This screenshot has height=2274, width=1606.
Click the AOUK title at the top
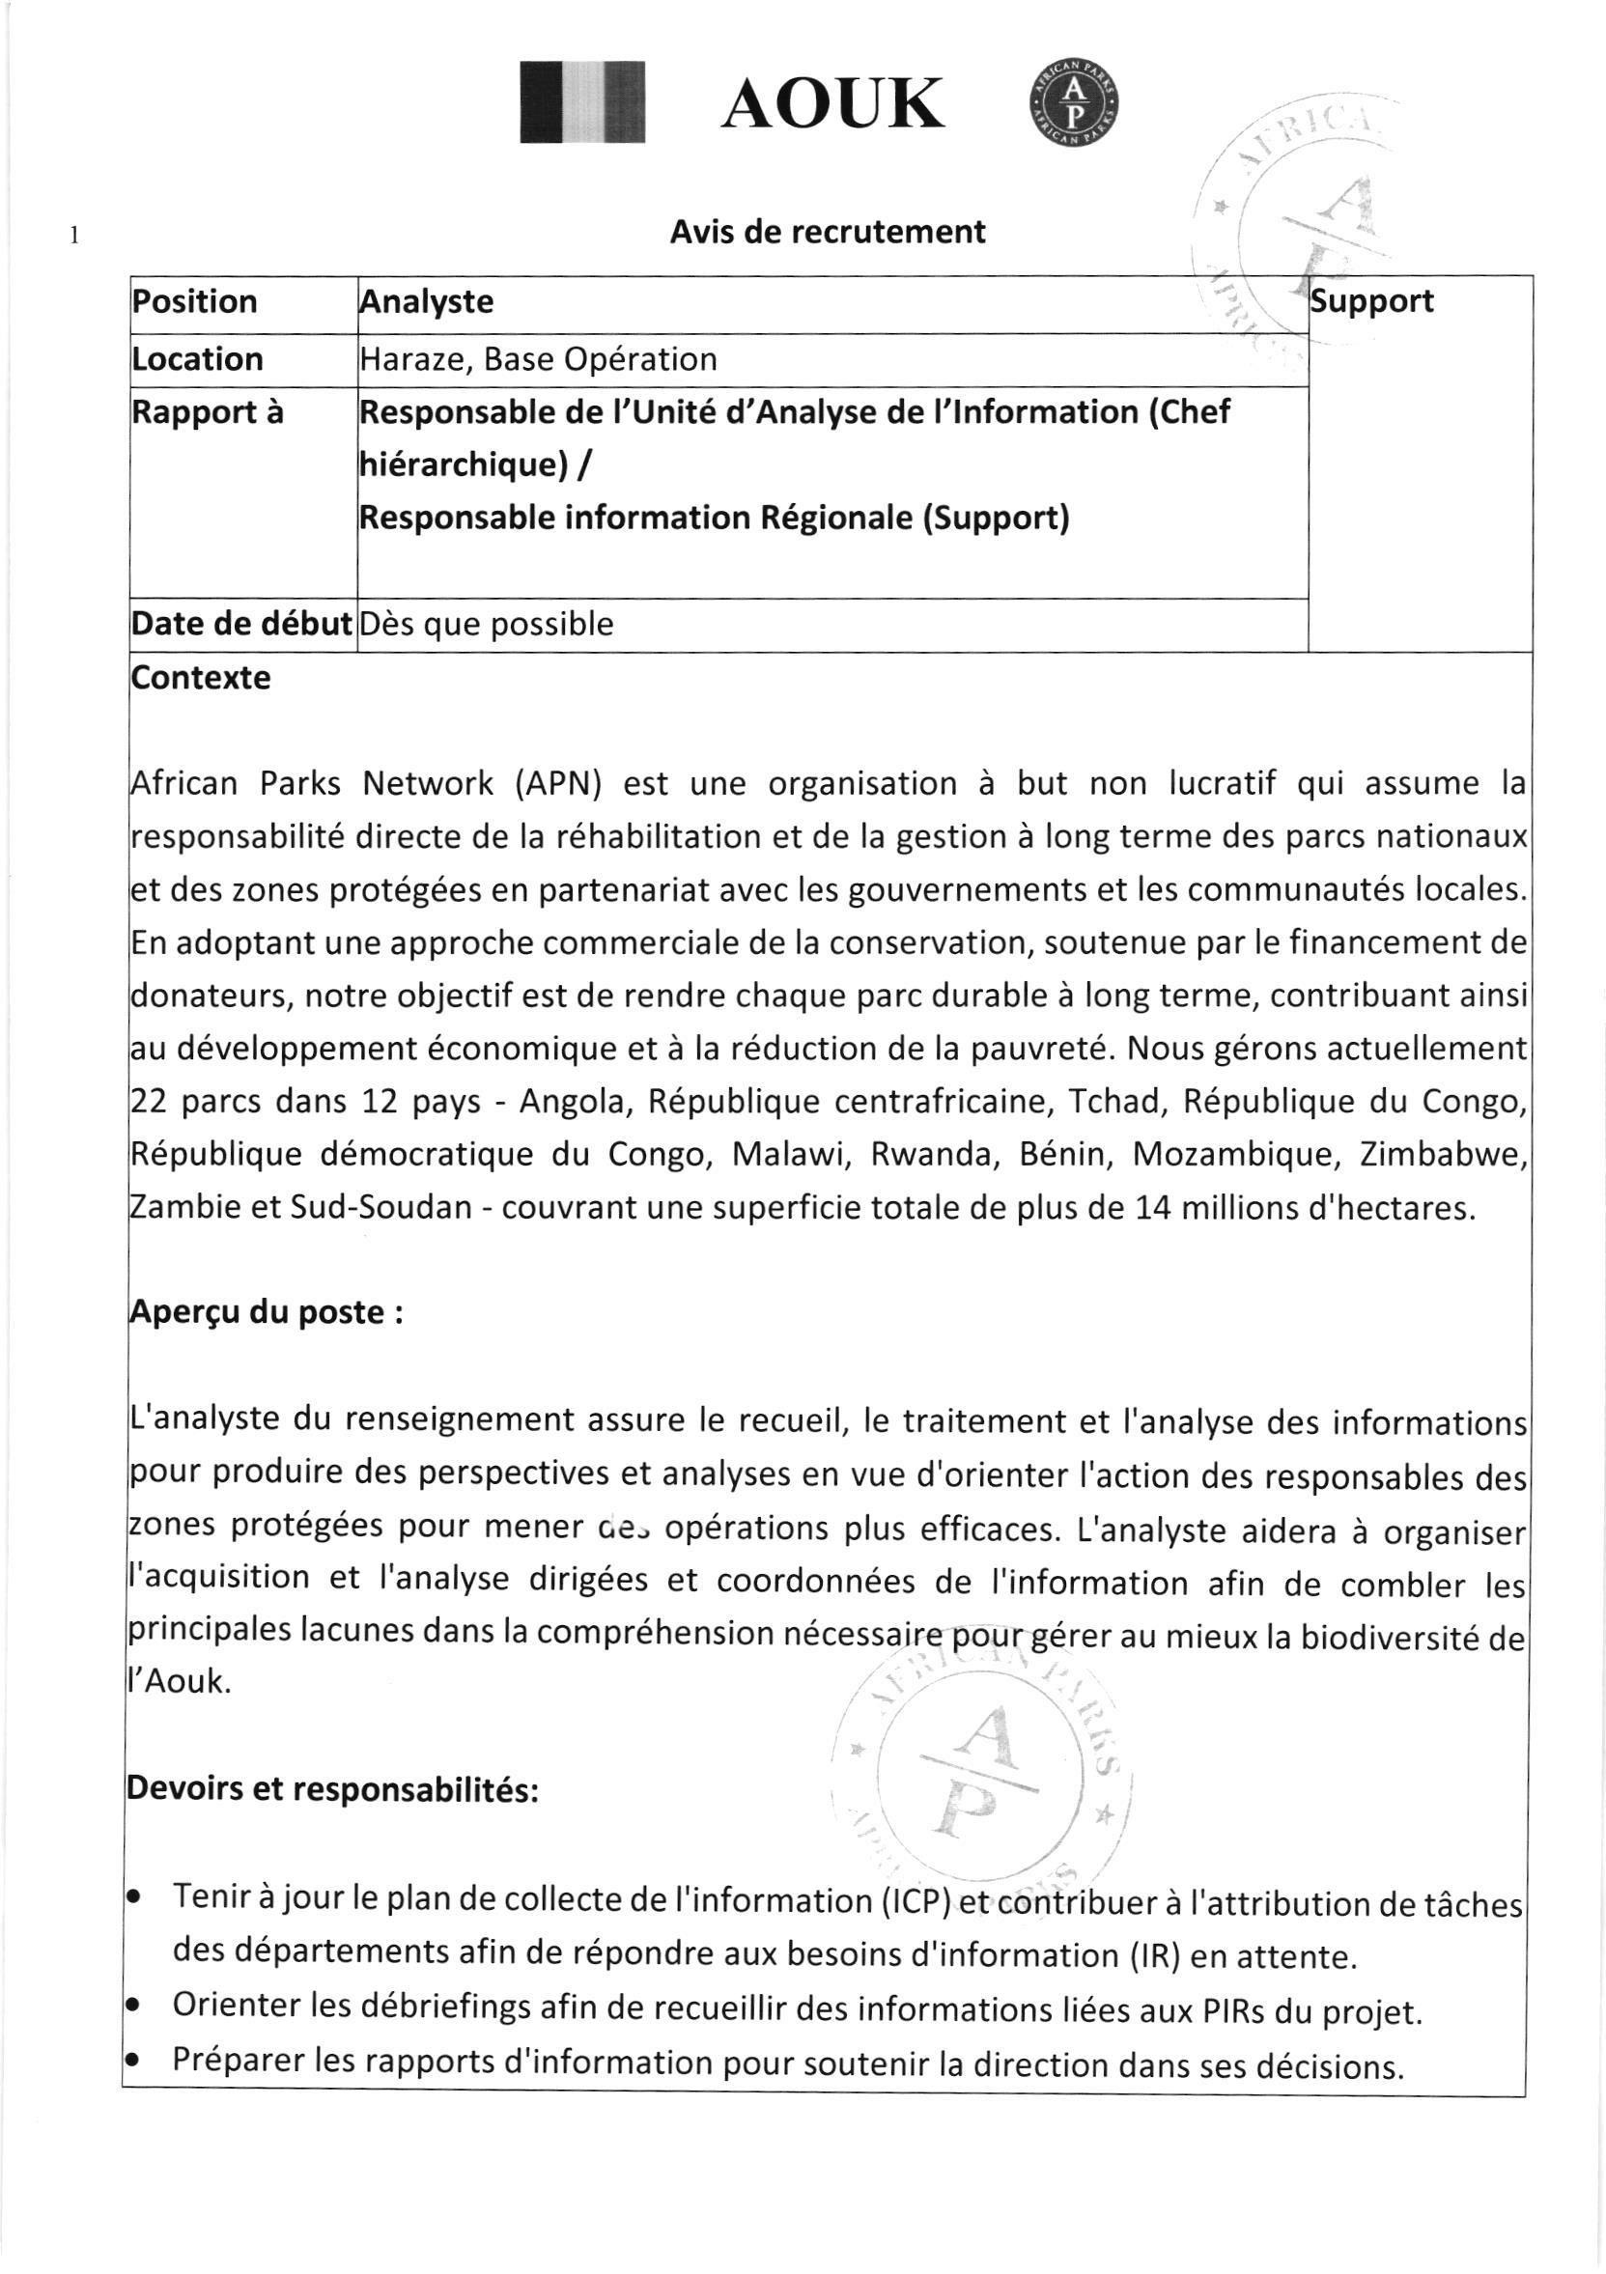832,105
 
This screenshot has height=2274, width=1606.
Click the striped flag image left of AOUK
583,102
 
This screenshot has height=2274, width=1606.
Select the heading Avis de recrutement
828,232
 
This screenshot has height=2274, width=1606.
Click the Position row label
195,301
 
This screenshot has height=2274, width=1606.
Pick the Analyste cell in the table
426,301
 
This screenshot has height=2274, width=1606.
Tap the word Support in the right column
1371,301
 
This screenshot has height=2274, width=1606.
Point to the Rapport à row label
207,413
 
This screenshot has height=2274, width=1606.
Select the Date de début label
242,624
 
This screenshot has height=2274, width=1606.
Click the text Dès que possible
487,624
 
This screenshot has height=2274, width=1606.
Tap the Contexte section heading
201,679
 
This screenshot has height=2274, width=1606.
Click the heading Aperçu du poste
266,1312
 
